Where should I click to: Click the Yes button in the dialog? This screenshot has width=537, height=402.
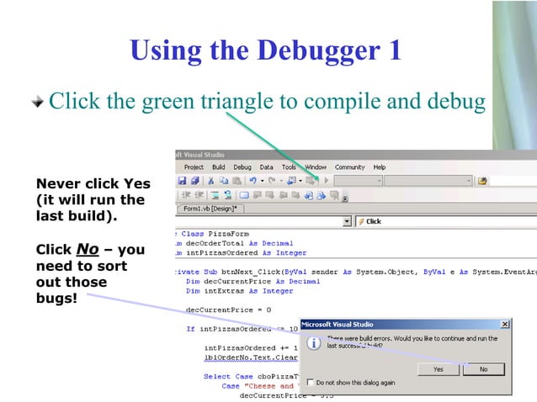439,368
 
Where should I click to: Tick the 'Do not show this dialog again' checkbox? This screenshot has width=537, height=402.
311,383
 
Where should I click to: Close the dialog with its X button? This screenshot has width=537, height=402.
505,324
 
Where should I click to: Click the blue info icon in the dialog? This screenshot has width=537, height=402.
313,343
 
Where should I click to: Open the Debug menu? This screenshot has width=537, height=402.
242,167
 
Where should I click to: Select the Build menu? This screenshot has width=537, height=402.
218,167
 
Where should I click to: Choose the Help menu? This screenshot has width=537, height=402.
379,167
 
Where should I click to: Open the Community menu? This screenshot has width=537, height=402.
349,167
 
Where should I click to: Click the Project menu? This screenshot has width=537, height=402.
194,167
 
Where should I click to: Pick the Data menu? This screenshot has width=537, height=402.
266,167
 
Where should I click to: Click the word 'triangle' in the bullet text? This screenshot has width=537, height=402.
230,102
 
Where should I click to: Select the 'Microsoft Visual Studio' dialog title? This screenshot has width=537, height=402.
338,324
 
